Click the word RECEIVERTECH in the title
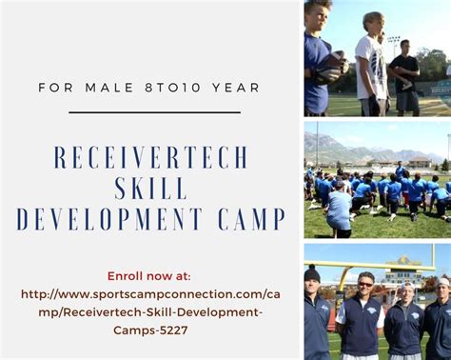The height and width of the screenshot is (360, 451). (x=150, y=157)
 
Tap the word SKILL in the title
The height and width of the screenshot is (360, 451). (x=151, y=188)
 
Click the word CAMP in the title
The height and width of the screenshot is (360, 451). (x=252, y=219)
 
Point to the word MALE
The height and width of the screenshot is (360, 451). (x=109, y=88)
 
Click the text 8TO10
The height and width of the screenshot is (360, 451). (x=173, y=88)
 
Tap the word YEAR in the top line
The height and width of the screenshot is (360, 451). (x=236, y=88)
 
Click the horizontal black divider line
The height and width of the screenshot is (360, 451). (x=154, y=112)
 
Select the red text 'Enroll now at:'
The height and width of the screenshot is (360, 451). (x=149, y=276)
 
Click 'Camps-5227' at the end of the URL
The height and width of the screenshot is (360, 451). (x=150, y=330)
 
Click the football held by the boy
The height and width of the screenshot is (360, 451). (x=330, y=67)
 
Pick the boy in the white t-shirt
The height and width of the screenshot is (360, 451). (x=372, y=64)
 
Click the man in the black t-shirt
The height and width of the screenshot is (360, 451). (x=405, y=77)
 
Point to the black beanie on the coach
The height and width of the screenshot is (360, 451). (x=312, y=273)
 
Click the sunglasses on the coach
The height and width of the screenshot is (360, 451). (x=365, y=285)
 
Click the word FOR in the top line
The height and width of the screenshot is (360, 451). (x=56, y=88)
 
